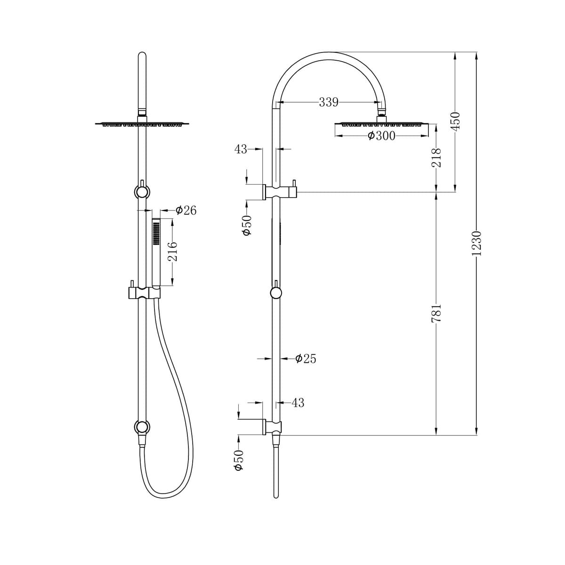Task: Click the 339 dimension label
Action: coord(328,102)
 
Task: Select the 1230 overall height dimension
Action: coord(477,242)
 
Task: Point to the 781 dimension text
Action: coord(436,313)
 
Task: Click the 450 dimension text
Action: coord(455,121)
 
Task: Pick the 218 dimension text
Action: coord(436,158)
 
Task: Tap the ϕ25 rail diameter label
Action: coord(306,359)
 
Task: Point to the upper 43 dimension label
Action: coord(241,149)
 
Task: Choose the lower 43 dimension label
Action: coord(298,403)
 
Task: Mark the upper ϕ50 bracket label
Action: coord(247,226)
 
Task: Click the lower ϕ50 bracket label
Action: coord(239,460)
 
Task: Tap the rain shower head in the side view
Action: coord(381,124)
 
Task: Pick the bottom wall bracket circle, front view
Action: coord(142,427)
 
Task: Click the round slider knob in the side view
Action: coord(276,293)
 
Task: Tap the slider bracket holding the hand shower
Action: coord(144,292)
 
